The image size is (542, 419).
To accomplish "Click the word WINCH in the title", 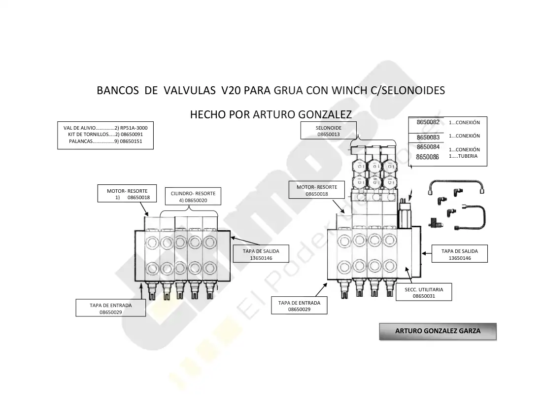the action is pyautogui.click(x=349, y=90).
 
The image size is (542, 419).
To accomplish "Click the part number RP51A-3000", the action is pyautogui.click(x=134, y=128).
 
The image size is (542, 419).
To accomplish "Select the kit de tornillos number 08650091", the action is pyautogui.click(x=132, y=135).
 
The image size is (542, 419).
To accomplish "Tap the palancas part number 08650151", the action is pyautogui.click(x=131, y=141).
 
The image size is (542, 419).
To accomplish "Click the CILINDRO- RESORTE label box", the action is pyautogui.click(x=193, y=197).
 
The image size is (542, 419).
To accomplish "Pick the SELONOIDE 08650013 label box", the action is pyautogui.click(x=328, y=130).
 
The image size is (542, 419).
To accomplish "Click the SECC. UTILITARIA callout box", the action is pyautogui.click(x=424, y=292).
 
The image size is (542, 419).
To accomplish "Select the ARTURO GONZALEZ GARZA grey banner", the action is pyautogui.click(x=438, y=331).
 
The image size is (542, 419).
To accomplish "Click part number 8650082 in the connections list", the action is pyautogui.click(x=428, y=122).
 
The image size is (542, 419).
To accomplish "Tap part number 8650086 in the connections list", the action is pyautogui.click(x=427, y=157).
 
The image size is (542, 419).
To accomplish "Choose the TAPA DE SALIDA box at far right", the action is pyautogui.click(x=459, y=254).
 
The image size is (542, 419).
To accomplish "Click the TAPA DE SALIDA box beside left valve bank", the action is pyautogui.click(x=261, y=254).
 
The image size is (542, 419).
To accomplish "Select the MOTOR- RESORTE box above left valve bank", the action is pyautogui.click(x=127, y=193).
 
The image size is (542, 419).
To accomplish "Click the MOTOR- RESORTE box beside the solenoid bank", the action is pyautogui.click(x=317, y=190).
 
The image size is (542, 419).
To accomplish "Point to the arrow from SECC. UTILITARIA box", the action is pyautogui.click(x=409, y=275).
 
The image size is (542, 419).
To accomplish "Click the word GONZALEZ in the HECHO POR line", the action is pyautogui.click(x=325, y=114).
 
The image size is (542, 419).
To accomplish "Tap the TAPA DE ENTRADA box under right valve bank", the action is pyautogui.click(x=299, y=305).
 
